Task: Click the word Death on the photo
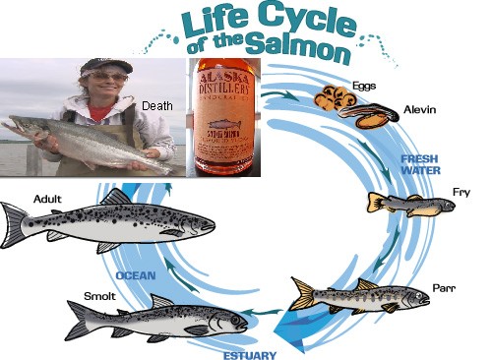click(157, 105)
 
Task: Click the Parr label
click(444, 288)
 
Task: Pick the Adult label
click(48, 199)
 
